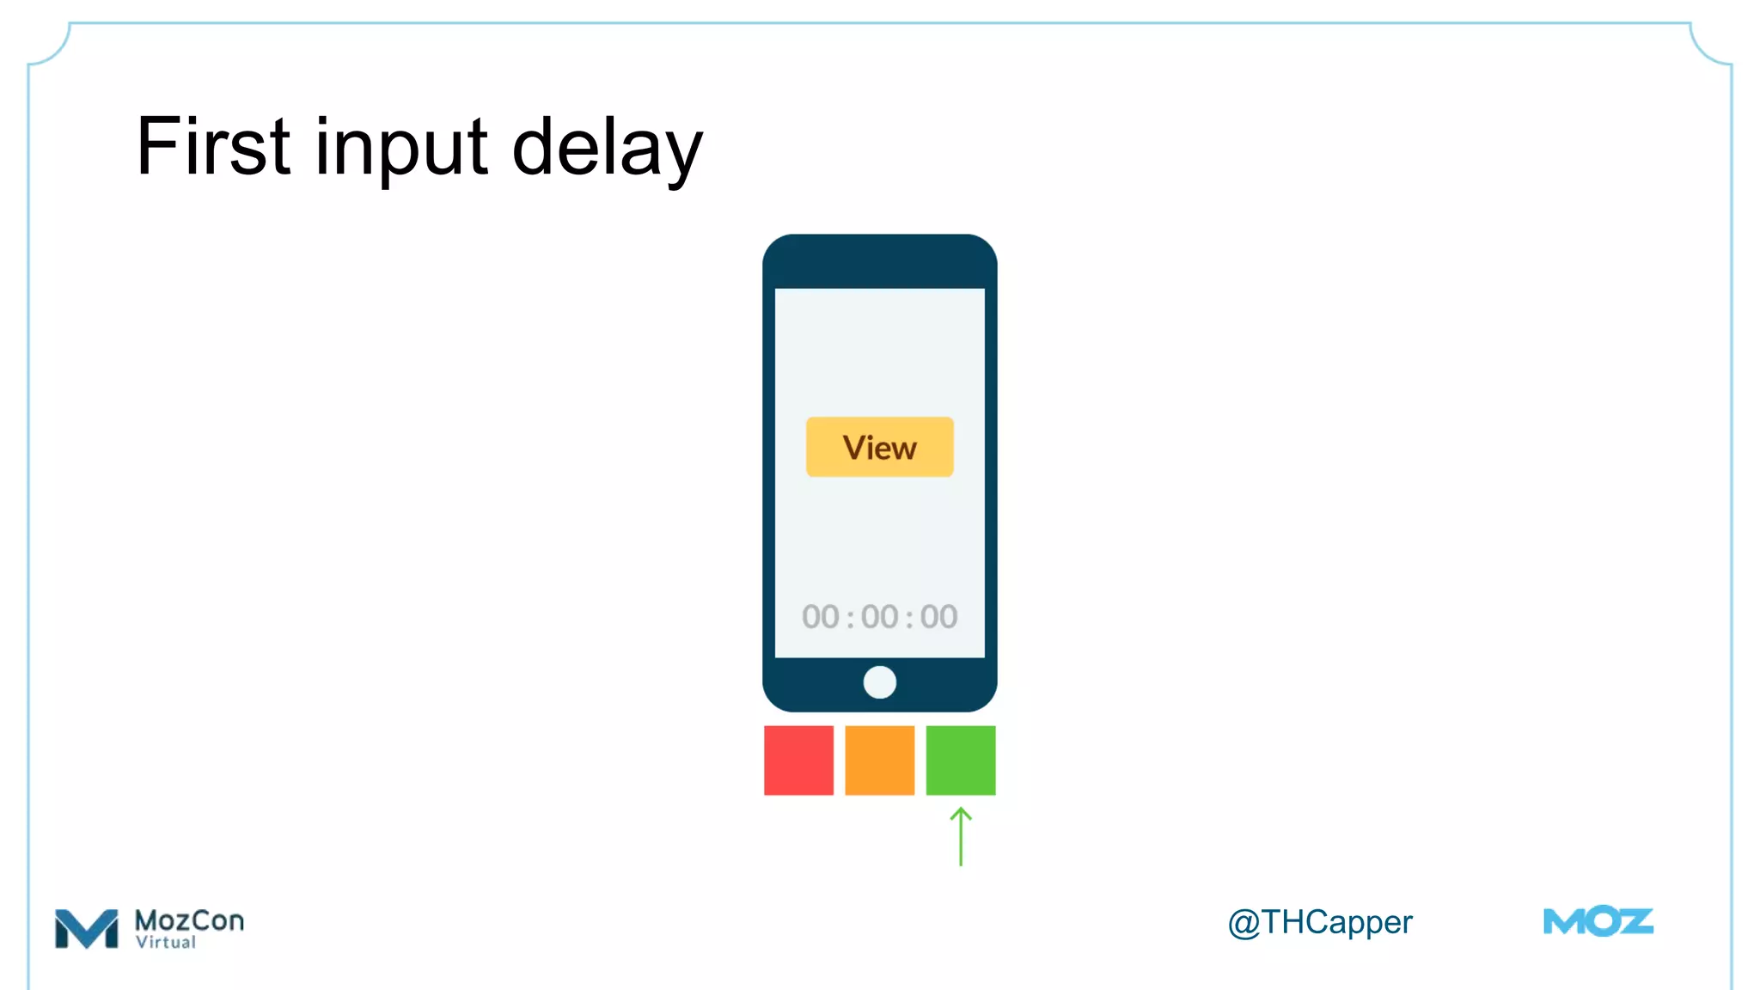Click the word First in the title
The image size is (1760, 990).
tap(213, 147)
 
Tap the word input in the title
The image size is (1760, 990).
tap(401, 149)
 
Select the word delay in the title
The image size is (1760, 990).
tap(607, 149)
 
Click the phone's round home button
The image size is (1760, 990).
tap(879, 682)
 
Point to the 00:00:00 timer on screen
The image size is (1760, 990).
tap(879, 617)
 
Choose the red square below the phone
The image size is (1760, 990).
tap(798, 761)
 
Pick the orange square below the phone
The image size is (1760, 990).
tap(879, 761)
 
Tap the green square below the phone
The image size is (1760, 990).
tap(960, 761)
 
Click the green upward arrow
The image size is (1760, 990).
tap(961, 837)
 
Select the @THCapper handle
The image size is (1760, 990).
tap(1319, 922)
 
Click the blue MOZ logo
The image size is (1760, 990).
tap(1598, 922)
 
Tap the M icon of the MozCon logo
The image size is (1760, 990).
tap(86, 929)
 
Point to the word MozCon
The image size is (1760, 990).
tap(189, 920)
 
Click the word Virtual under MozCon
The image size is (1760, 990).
tap(166, 943)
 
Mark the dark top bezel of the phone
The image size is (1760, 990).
tap(879, 261)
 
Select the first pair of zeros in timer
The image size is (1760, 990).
tap(820, 617)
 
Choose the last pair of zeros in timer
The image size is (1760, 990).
tap(938, 617)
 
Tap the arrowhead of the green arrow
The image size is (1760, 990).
tap(961, 813)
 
